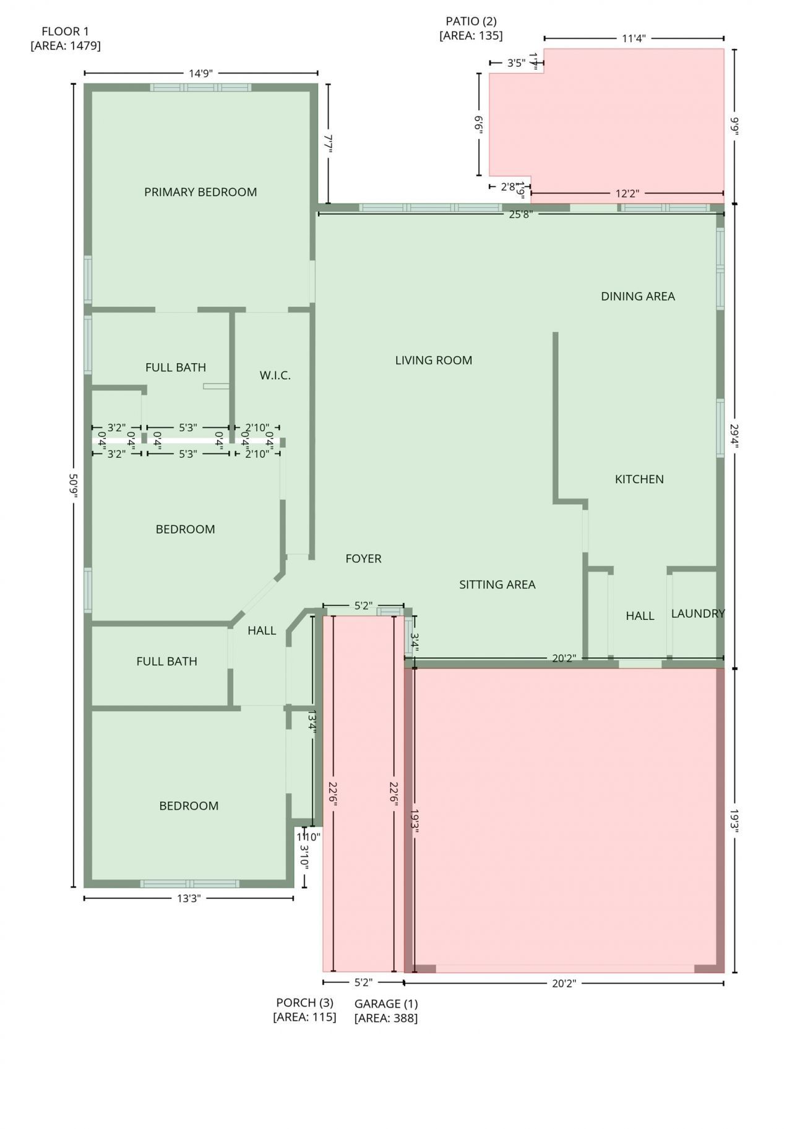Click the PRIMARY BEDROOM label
click(x=200, y=192)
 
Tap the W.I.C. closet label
click(x=275, y=375)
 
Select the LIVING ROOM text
click(x=433, y=360)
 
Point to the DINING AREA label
click(x=637, y=296)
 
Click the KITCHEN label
click(x=639, y=479)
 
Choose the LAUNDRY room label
click(x=698, y=613)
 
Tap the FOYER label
click(x=363, y=559)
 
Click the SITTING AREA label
click(x=497, y=585)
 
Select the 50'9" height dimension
click(x=73, y=485)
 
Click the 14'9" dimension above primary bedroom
click(x=200, y=73)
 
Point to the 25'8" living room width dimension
click(x=520, y=214)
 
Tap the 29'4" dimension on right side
click(x=734, y=436)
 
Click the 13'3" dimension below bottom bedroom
click(x=189, y=899)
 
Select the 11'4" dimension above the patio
click(x=634, y=38)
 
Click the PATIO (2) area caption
click(x=471, y=28)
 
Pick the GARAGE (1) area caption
click(x=386, y=1010)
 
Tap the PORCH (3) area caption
click(x=304, y=1010)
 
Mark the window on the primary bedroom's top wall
click(x=200, y=87)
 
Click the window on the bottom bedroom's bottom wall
click(x=189, y=883)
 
